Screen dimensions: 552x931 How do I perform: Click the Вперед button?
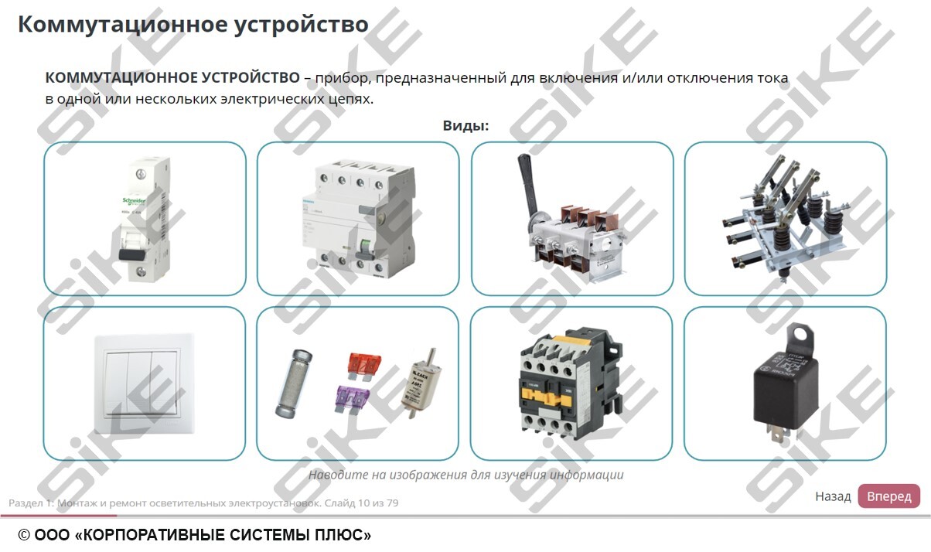point(888,496)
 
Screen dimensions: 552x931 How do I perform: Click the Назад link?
point(833,496)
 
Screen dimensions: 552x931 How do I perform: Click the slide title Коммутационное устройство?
point(193,24)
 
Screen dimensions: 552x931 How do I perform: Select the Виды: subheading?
point(465,125)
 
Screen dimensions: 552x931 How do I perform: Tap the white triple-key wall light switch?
point(144,383)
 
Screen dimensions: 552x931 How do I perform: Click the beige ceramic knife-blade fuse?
point(424,384)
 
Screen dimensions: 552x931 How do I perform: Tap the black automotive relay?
point(783,390)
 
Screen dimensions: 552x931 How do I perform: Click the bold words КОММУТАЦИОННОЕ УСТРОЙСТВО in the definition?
point(172,78)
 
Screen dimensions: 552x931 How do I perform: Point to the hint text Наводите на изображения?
point(465,475)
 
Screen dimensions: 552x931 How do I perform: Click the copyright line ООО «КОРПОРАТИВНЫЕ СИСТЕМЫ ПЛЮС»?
point(195,535)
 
